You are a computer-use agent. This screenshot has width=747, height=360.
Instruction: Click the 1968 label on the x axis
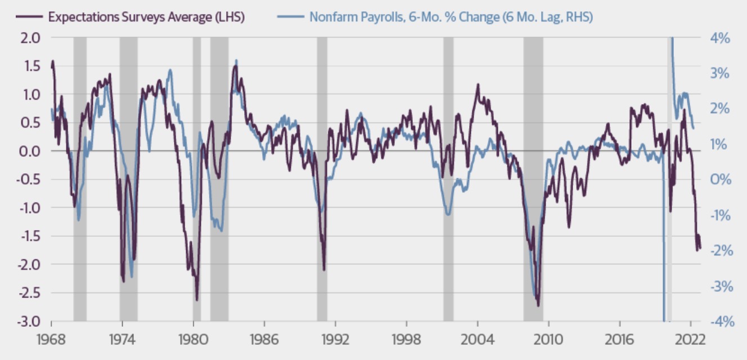(51, 340)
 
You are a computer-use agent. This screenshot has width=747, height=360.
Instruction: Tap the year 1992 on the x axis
(335, 340)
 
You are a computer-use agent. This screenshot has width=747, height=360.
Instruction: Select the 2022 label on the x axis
(690, 340)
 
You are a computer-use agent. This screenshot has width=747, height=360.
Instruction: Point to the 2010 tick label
(548, 340)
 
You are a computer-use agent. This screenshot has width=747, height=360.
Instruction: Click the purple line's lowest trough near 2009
(538, 305)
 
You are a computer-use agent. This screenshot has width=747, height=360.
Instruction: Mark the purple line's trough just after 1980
(197, 300)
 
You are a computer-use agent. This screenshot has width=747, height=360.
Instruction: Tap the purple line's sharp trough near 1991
(324, 269)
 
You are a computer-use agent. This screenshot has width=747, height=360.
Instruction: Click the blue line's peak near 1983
(236, 60)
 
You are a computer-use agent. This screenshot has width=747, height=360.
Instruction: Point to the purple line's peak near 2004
(478, 85)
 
